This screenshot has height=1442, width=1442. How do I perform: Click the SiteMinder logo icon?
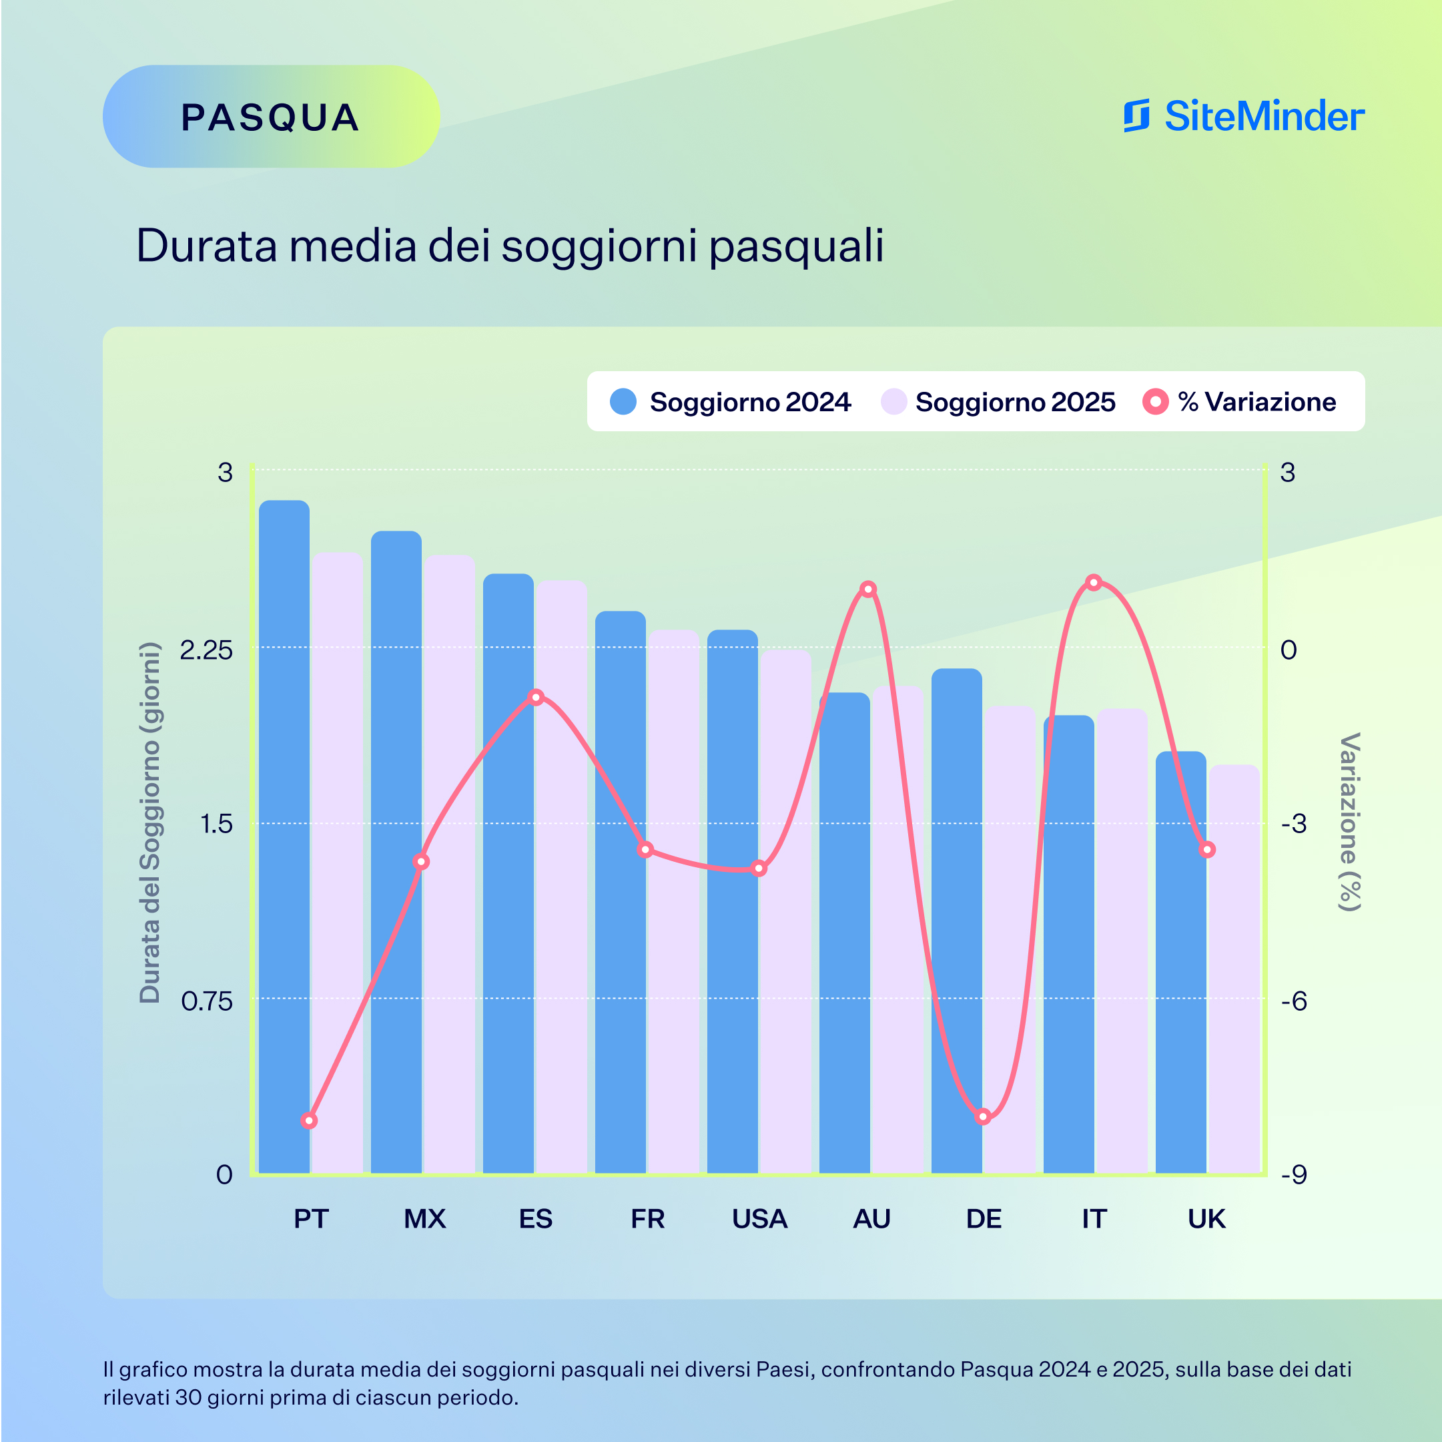pos(1136,115)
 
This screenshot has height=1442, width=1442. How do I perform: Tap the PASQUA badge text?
pos(270,117)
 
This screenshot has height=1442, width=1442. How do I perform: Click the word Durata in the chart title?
pos(206,246)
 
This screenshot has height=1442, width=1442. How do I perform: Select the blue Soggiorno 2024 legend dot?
pos(623,402)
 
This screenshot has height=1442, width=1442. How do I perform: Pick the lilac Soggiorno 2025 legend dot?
pos(893,402)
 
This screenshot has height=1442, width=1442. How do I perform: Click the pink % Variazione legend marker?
pos(1155,402)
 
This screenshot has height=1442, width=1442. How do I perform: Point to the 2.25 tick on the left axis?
pos(207,650)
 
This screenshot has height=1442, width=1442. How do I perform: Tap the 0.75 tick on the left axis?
pos(207,1001)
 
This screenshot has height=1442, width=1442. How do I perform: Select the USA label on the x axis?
pos(760,1220)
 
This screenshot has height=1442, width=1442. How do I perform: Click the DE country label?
pos(984,1220)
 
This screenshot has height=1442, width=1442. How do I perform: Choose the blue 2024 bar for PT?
pos(284,836)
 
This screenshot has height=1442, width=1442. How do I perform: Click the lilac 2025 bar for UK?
pos(1234,971)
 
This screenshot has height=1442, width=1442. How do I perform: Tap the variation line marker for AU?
pos(868,589)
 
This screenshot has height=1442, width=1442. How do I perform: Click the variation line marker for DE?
pos(984,1116)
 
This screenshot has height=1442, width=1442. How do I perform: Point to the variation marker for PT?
pos(309,1121)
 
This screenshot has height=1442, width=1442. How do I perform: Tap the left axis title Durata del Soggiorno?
pos(150,821)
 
